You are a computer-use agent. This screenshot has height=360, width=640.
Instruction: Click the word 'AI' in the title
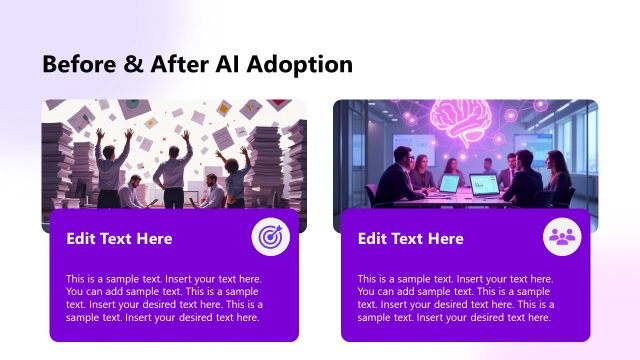pos(225,65)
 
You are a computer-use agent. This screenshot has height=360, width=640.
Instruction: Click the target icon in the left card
pos(269,238)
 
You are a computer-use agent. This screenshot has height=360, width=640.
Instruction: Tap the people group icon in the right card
pos(561,238)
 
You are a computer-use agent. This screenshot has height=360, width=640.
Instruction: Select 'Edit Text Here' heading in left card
pos(119,239)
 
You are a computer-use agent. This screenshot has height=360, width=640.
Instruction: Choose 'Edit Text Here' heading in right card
pos(410,239)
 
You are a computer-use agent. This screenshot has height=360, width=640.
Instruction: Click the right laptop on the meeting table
pos(484,185)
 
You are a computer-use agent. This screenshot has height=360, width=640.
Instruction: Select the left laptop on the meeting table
pos(448,183)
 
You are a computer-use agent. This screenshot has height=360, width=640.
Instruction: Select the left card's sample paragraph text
pos(165,298)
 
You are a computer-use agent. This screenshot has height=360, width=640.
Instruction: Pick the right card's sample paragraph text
pos(456,298)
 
